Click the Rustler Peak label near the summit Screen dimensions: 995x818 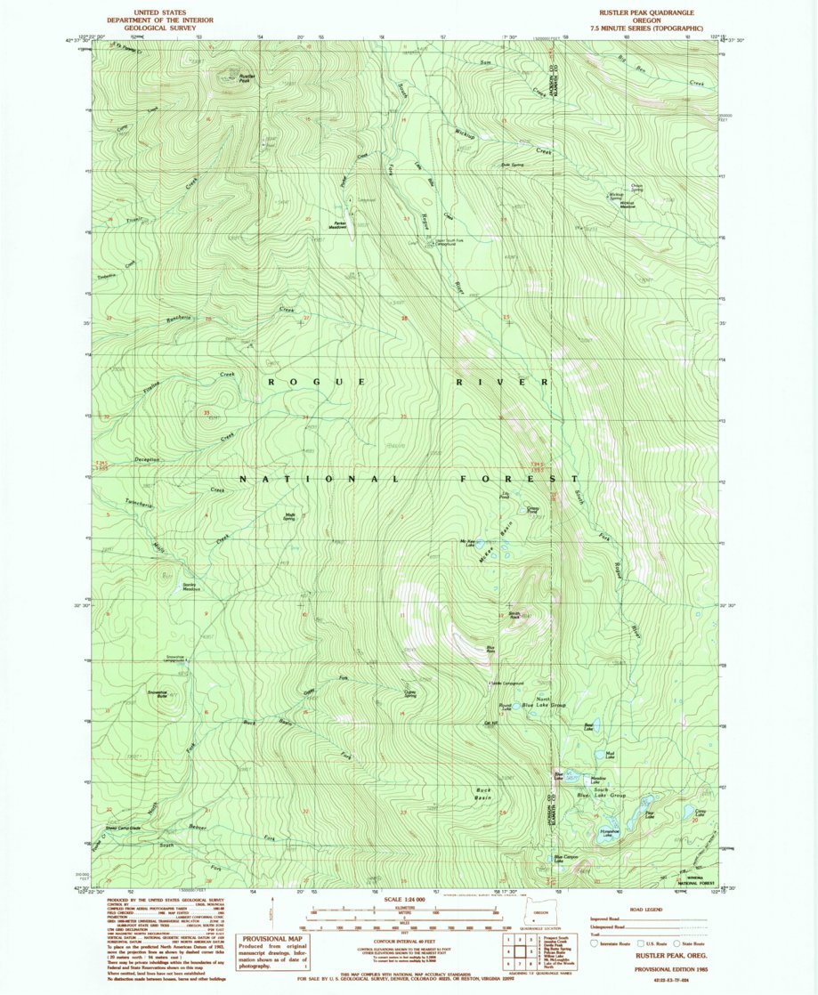pyautogui.click(x=248, y=78)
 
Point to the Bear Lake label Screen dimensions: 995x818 pyautogui.click(x=588, y=727)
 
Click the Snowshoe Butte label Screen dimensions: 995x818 pyautogui.click(x=156, y=693)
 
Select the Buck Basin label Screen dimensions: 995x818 pyautogui.click(x=484, y=793)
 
